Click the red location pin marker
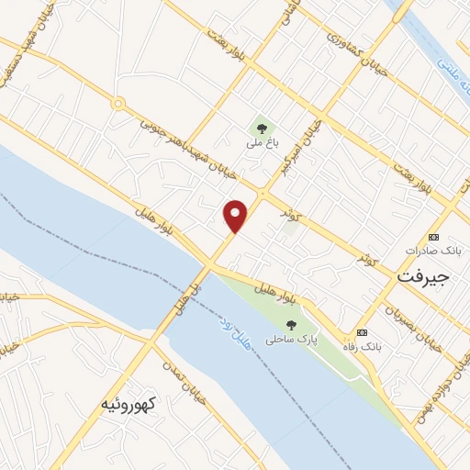[236, 216]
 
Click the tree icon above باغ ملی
[261, 129]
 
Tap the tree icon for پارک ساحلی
[291, 324]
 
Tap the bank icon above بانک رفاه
[362, 331]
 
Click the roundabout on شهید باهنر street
[117, 104]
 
